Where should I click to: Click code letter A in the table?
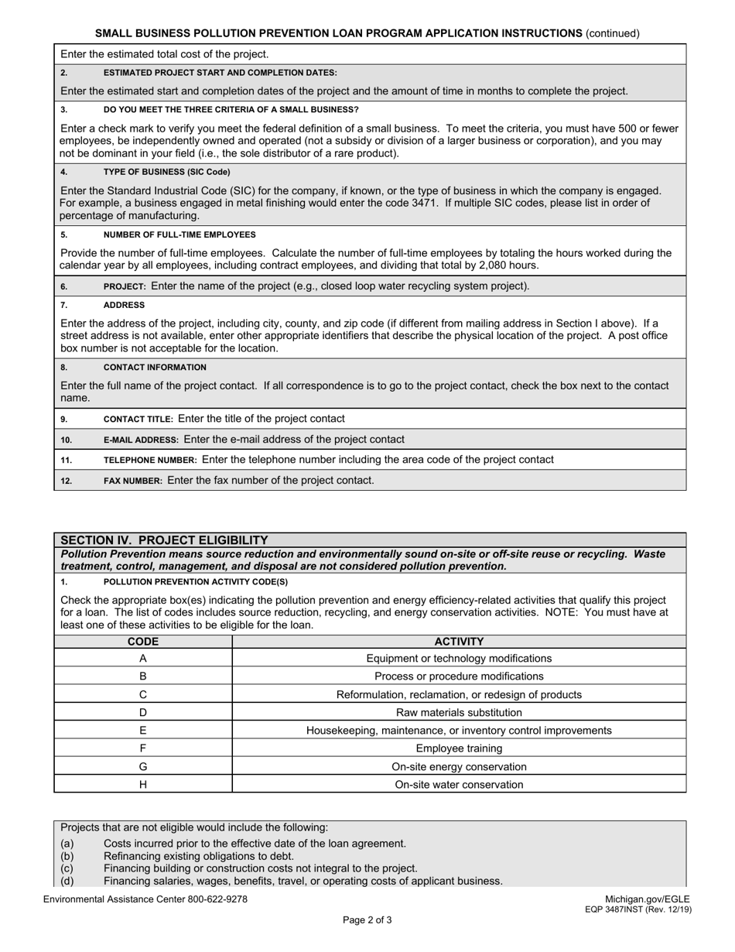[x=143, y=659]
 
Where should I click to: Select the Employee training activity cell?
[x=459, y=748]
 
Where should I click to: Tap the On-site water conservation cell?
[x=459, y=785]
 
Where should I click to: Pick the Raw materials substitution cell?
[x=459, y=713]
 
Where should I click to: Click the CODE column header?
[x=143, y=642]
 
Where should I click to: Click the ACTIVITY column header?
[x=459, y=642]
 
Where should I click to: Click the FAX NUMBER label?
[x=132, y=481]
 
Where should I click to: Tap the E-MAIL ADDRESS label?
[x=141, y=440]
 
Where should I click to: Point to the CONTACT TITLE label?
[x=138, y=419]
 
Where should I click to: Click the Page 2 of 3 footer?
[x=367, y=920]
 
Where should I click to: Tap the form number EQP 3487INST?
[x=623, y=909]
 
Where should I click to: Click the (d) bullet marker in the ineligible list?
[x=67, y=881]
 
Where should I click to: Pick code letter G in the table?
[x=143, y=767]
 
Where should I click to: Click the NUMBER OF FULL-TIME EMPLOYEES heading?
[x=179, y=235]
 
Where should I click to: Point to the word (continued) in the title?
[x=613, y=33]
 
